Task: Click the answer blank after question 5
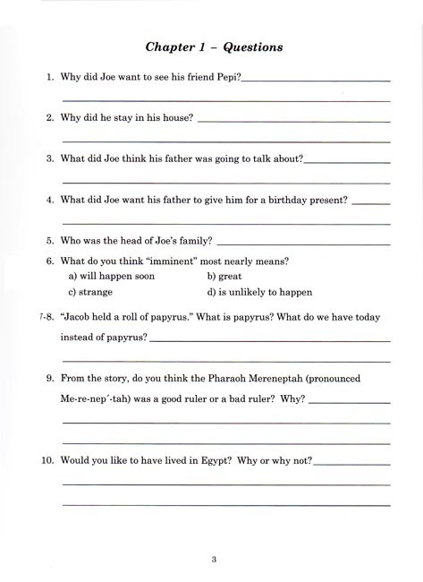(x=303, y=242)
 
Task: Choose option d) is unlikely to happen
(x=260, y=292)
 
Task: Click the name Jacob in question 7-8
(x=82, y=317)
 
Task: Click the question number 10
(x=48, y=460)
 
